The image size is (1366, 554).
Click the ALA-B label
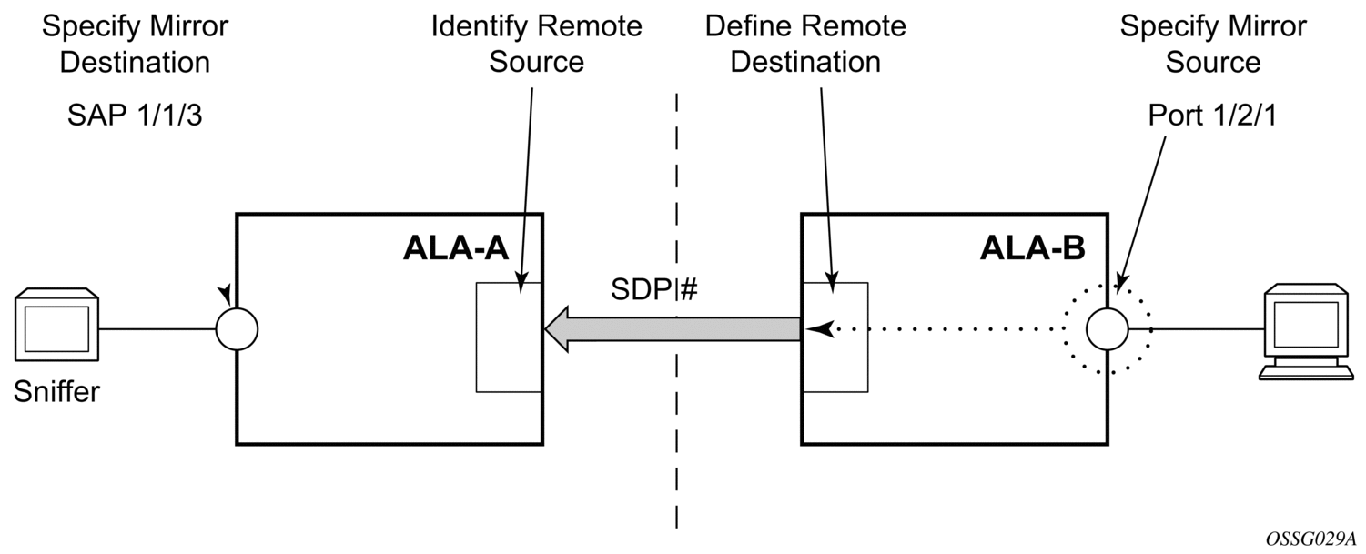[x=1033, y=248]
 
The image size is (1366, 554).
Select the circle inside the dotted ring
[x=1108, y=328]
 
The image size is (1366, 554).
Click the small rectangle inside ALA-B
[x=835, y=337]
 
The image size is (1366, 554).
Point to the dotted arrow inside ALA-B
[x=946, y=330]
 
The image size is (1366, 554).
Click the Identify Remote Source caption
[x=536, y=44]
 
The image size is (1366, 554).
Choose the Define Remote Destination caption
[x=805, y=44]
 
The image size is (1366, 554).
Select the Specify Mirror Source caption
[x=1212, y=44]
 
